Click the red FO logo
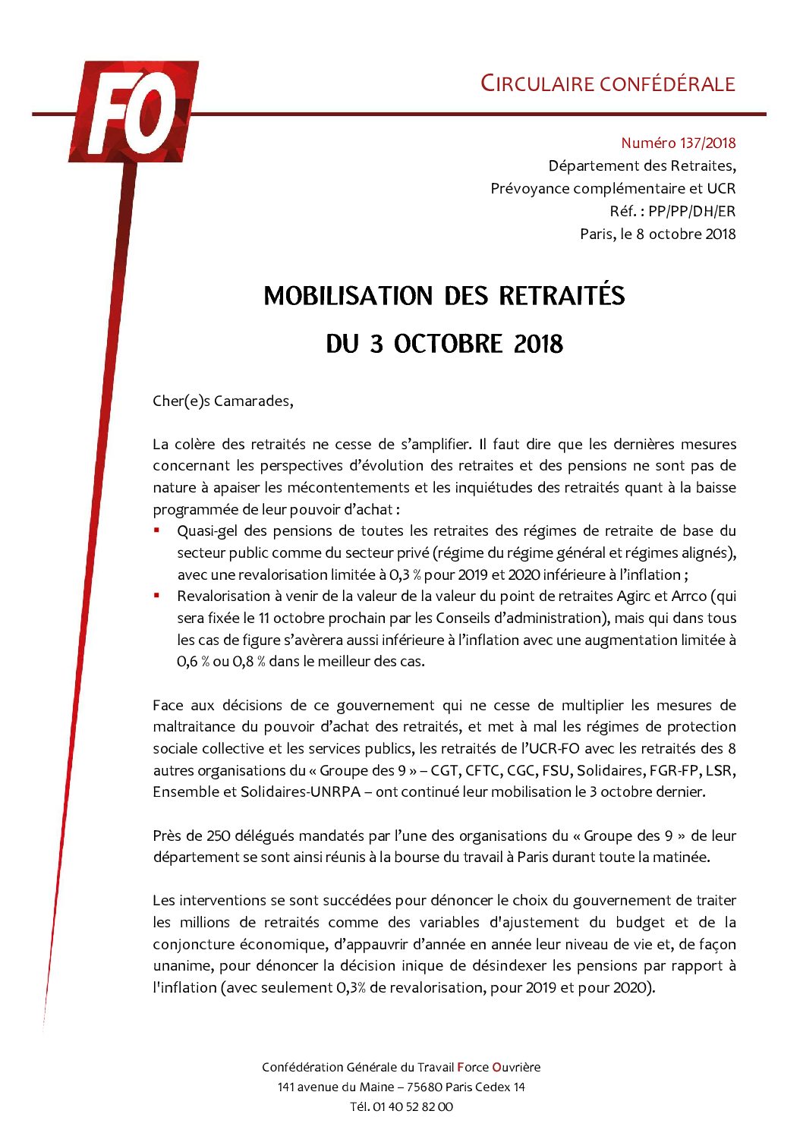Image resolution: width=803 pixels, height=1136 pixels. (134, 112)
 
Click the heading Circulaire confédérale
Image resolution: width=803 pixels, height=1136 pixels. (608, 83)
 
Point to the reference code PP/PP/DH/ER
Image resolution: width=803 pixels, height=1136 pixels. (691, 212)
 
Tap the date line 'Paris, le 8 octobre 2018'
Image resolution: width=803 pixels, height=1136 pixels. (657, 234)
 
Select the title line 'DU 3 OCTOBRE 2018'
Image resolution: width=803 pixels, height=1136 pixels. (444, 345)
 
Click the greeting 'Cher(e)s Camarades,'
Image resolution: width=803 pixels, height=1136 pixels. (222, 401)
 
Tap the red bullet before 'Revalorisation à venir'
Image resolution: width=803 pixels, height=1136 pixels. (157, 596)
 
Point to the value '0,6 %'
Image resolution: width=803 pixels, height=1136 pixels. (193, 662)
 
